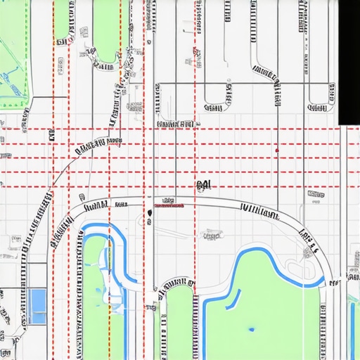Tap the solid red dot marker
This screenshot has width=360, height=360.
277,150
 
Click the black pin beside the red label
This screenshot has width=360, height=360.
150,212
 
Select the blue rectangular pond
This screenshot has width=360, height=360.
37,307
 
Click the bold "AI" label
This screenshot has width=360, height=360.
204,185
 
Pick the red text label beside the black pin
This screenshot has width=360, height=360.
169,207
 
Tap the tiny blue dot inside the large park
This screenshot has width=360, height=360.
251,328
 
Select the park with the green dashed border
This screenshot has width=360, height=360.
13,53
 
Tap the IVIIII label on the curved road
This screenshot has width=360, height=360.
259,209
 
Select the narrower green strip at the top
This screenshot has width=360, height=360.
62,18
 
